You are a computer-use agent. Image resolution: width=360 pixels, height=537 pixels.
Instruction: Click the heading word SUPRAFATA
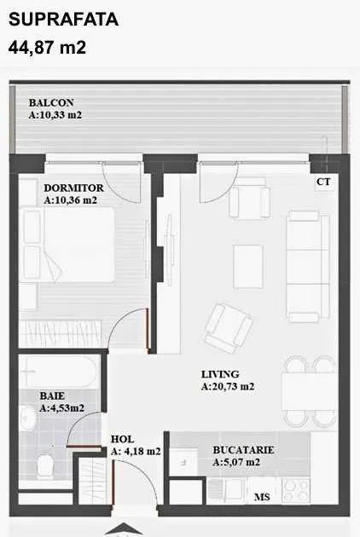[x=63, y=19]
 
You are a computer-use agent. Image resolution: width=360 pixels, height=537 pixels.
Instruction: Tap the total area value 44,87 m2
[x=47, y=47]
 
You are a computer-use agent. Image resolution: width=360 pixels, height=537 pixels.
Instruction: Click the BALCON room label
[x=51, y=102]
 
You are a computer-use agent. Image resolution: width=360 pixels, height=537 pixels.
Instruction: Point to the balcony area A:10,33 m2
[x=55, y=115]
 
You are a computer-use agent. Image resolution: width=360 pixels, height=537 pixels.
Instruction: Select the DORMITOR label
[x=73, y=188]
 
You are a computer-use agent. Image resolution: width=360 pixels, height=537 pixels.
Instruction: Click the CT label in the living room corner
[x=323, y=182]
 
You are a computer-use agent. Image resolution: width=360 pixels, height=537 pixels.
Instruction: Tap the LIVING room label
[x=220, y=374]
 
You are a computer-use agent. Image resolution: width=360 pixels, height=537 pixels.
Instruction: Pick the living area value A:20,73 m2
[x=228, y=386]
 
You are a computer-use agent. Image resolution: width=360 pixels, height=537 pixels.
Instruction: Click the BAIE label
[x=52, y=396]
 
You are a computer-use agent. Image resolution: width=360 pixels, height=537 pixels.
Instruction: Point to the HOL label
[x=122, y=439]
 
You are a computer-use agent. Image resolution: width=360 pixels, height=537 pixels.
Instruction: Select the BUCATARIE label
[x=243, y=450]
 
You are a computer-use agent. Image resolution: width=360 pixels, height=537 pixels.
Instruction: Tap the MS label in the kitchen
[x=262, y=497]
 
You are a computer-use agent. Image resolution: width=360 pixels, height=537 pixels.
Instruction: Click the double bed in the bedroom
[x=67, y=245]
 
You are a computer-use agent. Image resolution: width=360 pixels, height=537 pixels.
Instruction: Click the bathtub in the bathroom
[x=60, y=372]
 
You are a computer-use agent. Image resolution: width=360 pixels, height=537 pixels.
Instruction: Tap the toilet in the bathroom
[x=44, y=465]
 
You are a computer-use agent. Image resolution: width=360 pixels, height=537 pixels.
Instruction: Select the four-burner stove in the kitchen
[x=295, y=491]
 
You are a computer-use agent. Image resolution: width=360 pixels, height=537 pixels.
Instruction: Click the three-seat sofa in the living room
[x=307, y=267]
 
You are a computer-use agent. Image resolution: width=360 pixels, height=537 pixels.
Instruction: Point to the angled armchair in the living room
[x=229, y=328]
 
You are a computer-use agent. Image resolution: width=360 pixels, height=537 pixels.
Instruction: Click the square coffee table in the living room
[x=248, y=266]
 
